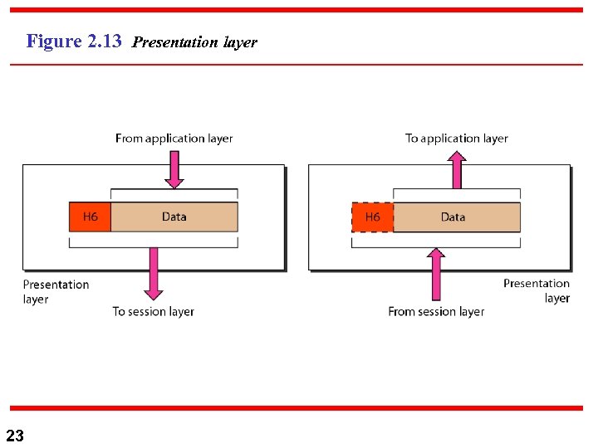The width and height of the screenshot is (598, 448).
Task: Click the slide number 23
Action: tap(15, 435)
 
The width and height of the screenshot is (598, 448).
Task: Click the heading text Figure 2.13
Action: tap(74, 41)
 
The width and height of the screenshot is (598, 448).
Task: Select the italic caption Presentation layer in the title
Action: tap(194, 42)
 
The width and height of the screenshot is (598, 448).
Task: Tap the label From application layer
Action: tap(174, 139)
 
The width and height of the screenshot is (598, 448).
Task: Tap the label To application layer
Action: tap(456, 139)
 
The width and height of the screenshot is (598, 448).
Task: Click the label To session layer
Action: tap(153, 311)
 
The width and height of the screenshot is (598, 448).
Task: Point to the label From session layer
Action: tap(436, 311)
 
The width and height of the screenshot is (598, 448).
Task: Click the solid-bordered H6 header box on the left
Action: tap(90, 217)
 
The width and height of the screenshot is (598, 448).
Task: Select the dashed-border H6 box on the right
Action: tap(372, 217)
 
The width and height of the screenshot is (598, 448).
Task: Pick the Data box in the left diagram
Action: tap(174, 217)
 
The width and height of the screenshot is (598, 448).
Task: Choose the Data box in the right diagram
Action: tap(456, 217)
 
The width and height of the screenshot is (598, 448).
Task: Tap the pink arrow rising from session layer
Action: tap(436, 274)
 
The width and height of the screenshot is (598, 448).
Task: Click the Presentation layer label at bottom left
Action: tap(55, 291)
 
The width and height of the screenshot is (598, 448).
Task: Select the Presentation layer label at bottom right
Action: tap(537, 290)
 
